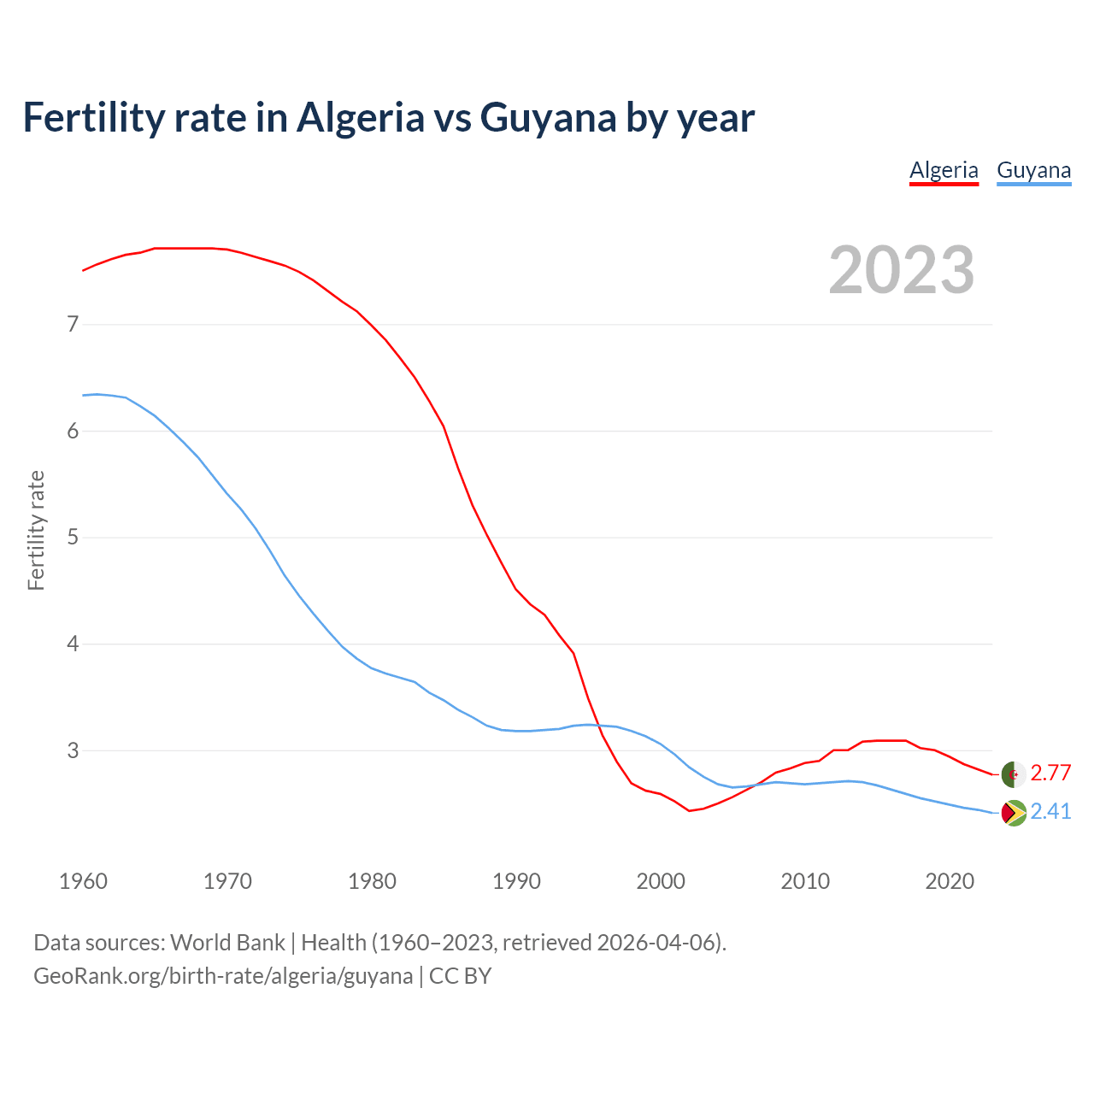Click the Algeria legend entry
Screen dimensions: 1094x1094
944,170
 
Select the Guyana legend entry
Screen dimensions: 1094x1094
1033,170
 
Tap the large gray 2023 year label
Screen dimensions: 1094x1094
901,270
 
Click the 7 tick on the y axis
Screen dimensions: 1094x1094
74,324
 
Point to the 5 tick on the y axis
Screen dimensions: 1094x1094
74,538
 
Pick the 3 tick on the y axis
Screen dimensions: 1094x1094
74,750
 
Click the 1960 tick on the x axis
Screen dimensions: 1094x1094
83,881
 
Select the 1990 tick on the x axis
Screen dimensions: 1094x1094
516,881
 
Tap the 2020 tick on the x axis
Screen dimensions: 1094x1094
950,881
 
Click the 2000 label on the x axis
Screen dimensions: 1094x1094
661,881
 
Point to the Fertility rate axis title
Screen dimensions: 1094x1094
36,530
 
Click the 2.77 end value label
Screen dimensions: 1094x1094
1050,773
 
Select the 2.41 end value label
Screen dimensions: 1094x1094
1050,812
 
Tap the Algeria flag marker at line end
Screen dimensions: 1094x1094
1013,773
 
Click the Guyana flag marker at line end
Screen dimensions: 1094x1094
1013,812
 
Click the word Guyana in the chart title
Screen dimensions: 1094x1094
548,118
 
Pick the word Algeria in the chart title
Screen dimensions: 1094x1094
360,118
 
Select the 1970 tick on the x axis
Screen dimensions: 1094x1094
227,881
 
